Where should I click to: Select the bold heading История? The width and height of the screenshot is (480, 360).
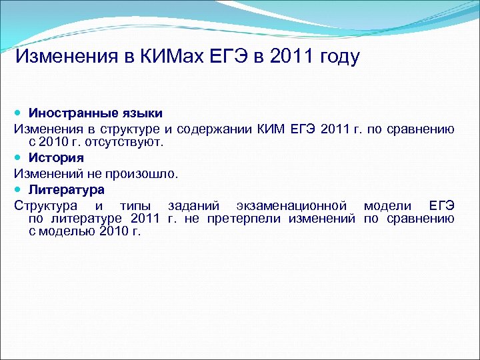click(56, 158)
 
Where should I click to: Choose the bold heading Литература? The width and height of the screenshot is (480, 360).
click(66, 189)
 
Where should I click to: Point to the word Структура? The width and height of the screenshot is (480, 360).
click(45, 205)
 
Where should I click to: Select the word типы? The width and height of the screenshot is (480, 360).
click(135, 205)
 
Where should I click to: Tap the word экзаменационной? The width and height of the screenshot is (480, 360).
click(286, 205)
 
